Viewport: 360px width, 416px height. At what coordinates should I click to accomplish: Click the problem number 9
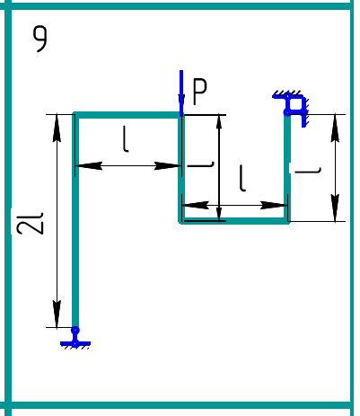tap(40, 39)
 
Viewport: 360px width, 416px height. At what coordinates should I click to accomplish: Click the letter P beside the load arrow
tap(200, 92)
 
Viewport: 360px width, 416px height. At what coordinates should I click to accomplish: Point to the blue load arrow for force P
tap(181, 93)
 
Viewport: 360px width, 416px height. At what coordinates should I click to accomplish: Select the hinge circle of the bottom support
tap(75, 331)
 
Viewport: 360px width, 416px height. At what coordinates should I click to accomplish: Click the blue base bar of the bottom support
tap(75, 343)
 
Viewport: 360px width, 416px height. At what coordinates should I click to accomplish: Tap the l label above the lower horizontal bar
tap(242, 178)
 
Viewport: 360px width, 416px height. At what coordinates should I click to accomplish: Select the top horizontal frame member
tap(127, 115)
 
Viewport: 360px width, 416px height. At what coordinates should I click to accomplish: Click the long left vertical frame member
tap(75, 222)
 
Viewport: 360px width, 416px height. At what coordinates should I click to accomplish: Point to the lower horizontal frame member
tap(233, 221)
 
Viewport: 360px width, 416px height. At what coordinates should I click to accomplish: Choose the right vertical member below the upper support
tap(287, 167)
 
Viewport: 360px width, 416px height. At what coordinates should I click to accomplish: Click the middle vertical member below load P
tap(181, 168)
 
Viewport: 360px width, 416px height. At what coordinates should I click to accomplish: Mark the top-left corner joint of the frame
tap(75, 115)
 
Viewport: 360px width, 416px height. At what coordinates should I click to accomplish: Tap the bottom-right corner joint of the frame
tap(287, 221)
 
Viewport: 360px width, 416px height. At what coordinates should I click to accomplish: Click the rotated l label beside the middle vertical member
tap(201, 164)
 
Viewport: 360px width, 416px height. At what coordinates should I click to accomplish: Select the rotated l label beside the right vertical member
tap(308, 171)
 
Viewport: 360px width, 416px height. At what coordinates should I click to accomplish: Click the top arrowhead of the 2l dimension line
tap(57, 128)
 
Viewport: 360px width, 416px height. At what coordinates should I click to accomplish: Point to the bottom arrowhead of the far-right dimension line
tap(335, 208)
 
